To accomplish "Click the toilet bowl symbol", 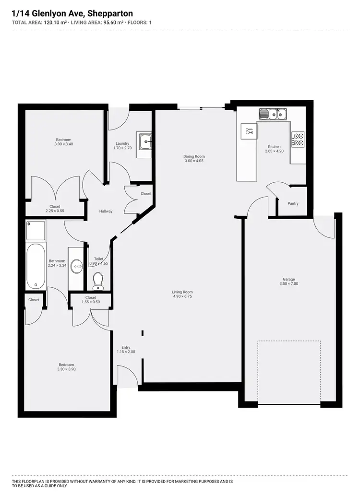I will (98, 281).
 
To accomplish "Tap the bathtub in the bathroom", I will (36, 267).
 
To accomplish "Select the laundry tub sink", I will (144, 141).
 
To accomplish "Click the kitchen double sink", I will (273, 114).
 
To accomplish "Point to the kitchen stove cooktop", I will (298, 140).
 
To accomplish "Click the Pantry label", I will (293, 204).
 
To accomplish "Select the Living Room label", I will (182, 292).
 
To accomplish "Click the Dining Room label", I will (194, 156).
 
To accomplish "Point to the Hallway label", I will (106, 211).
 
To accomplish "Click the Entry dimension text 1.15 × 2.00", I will (126, 352).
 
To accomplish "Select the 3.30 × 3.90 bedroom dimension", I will (66, 369).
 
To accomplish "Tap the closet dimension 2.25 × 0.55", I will (55, 211).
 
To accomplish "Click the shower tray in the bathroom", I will (36, 230).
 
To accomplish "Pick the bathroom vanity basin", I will (76, 265).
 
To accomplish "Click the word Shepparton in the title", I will (108, 14).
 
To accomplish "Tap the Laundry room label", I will (122, 143).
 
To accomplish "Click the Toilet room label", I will (98, 259).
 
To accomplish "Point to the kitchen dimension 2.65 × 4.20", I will (274, 152).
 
